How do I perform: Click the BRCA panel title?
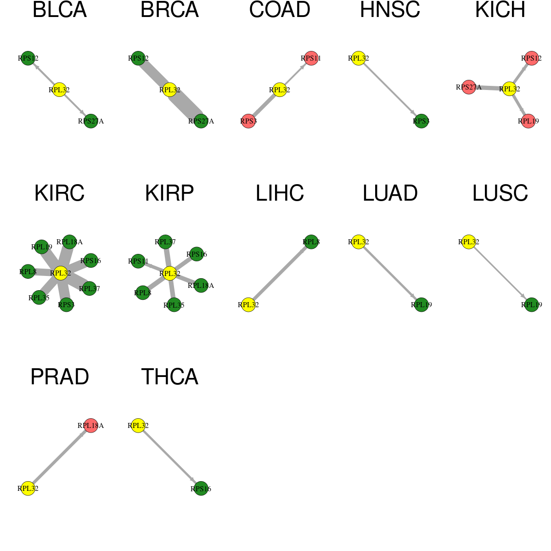pyautogui.click(x=169, y=10)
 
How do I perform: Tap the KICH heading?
pyautogui.click(x=500, y=10)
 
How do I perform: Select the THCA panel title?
pyautogui.click(x=169, y=377)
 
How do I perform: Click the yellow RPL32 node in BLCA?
pyautogui.click(x=59, y=90)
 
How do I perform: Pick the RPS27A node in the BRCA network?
pyautogui.click(x=201, y=121)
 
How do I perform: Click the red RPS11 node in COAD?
pyautogui.click(x=311, y=58)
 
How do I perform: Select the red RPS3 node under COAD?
pyautogui.click(x=248, y=121)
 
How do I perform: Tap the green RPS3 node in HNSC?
pyautogui.click(x=421, y=121)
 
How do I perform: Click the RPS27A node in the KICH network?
pyautogui.click(x=469, y=87)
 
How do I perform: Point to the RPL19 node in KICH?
pyautogui.click(x=529, y=121)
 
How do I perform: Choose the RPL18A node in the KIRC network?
pyautogui.click(x=69, y=242)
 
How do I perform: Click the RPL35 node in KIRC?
pyautogui.click(x=39, y=298)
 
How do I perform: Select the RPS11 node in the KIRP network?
pyautogui.click(x=138, y=261)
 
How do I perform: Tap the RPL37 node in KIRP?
pyautogui.click(x=165, y=242)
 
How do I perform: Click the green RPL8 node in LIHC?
pyautogui.click(x=311, y=242)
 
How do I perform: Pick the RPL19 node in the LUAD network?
pyautogui.click(x=421, y=304)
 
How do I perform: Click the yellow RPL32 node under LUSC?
pyautogui.click(x=469, y=242)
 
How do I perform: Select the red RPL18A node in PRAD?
pyautogui.click(x=90, y=426)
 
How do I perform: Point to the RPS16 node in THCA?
pyautogui.click(x=201, y=489)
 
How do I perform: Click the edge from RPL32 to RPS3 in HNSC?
pyautogui.click(x=390, y=90)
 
